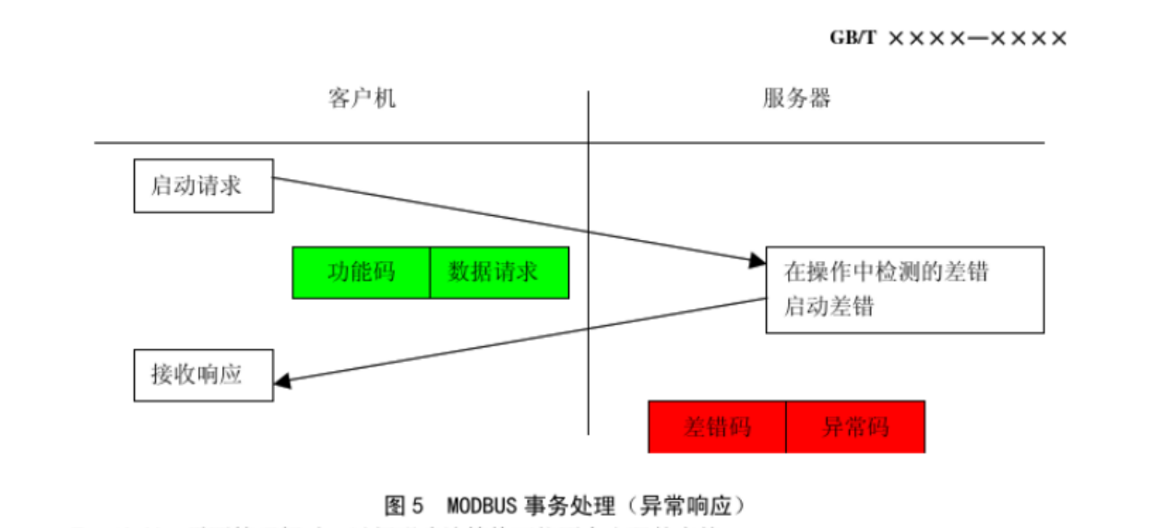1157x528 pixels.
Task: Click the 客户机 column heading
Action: tap(362, 99)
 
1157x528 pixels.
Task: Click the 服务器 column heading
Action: tap(796, 99)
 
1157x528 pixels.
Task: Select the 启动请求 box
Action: tap(203, 186)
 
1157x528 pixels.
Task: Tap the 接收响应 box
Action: tap(203, 374)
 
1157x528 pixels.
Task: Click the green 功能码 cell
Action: tap(361, 272)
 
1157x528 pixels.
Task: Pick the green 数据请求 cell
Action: tap(499, 272)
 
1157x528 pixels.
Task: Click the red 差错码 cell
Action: tap(717, 426)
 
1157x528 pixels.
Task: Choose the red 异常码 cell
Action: tap(855, 426)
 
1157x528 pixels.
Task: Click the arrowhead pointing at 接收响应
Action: tap(282, 379)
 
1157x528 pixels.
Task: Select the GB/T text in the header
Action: tap(853, 38)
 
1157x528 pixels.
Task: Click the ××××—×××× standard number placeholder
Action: tap(977, 38)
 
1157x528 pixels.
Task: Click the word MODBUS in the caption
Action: tap(481, 506)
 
